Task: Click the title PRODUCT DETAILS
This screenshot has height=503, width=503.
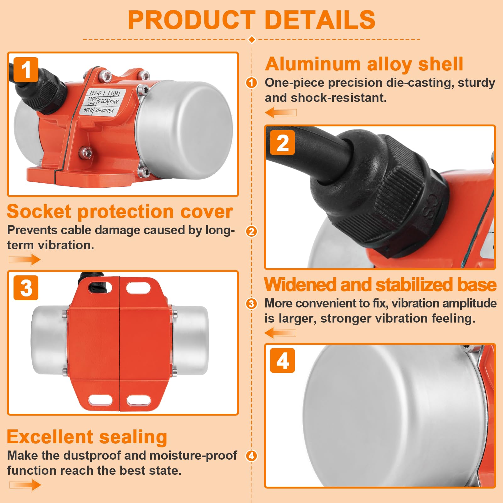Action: tap(251, 20)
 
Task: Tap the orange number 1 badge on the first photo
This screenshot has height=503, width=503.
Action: tap(26, 69)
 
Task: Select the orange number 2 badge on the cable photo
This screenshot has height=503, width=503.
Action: tap(283, 143)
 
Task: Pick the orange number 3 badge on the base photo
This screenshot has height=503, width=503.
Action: tap(26, 288)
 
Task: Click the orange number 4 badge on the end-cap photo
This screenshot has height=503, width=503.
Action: tap(283, 361)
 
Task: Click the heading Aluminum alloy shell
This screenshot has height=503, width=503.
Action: tap(364, 64)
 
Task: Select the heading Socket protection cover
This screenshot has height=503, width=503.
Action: tap(120, 211)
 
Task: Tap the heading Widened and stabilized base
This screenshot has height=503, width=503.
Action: tap(380, 285)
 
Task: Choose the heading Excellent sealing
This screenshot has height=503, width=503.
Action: tap(87, 437)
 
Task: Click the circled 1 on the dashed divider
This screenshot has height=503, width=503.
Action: tap(251, 83)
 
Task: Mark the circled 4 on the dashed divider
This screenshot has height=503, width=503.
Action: tap(251, 456)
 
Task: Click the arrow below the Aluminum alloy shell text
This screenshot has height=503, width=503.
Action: tap(281, 113)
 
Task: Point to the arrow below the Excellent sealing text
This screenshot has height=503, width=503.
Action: tap(25, 485)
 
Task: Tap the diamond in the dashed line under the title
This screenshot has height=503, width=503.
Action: tap(252, 40)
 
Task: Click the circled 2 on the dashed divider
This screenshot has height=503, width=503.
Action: tap(251, 232)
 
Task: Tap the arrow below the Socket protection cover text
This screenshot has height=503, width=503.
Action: tap(25, 260)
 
